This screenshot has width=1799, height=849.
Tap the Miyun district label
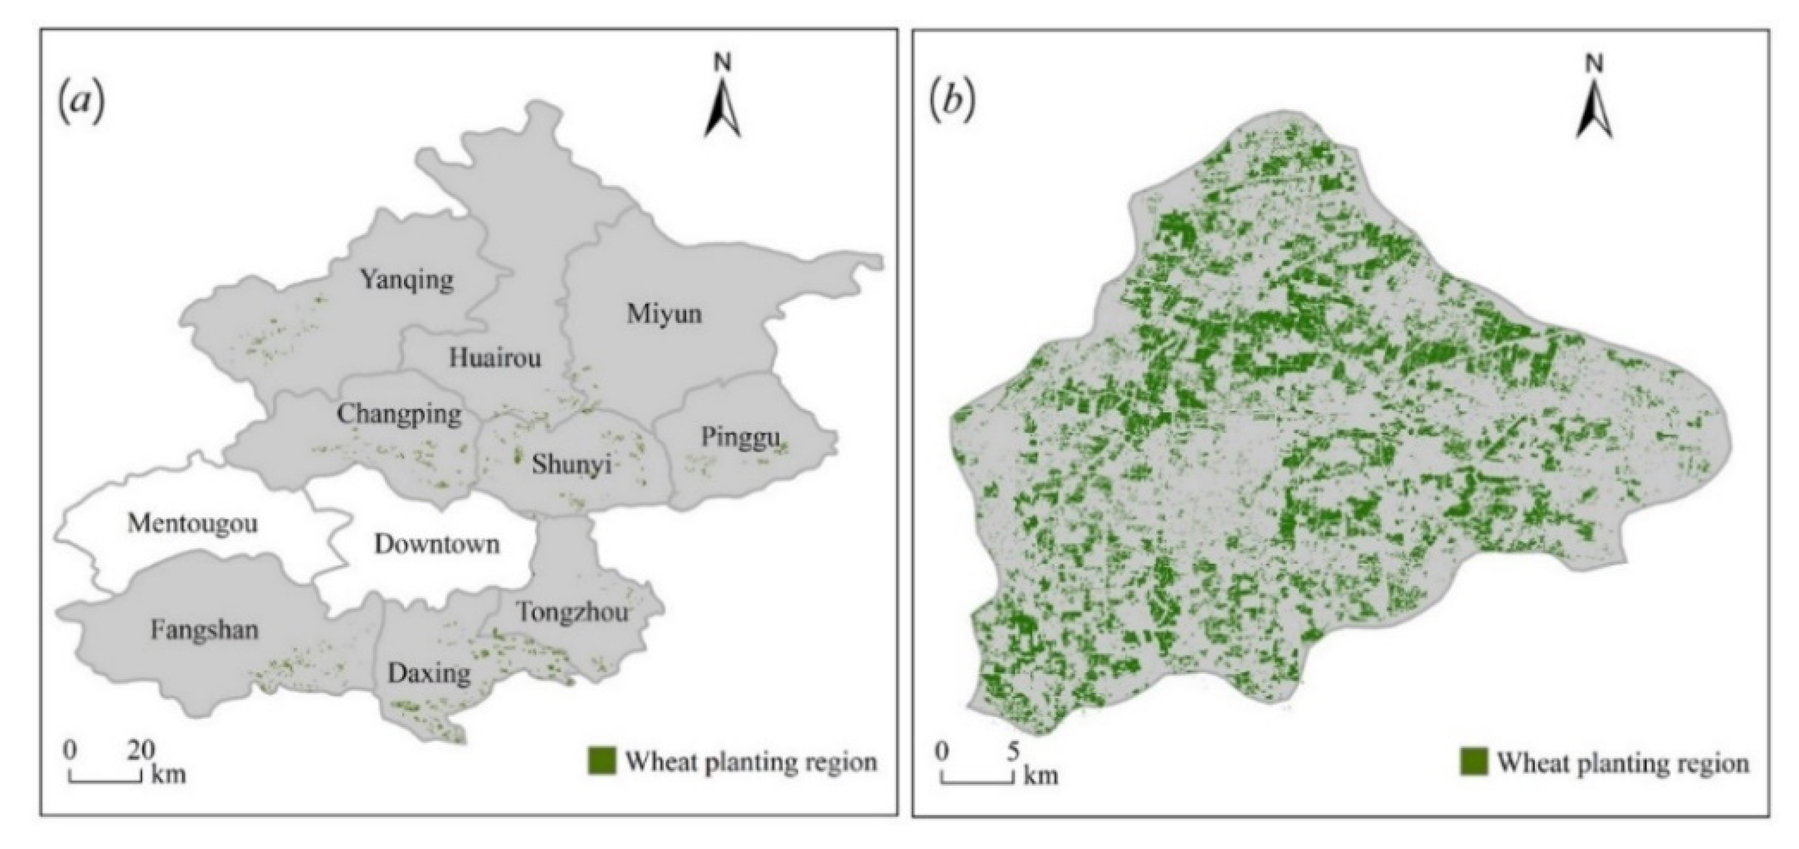point(664,315)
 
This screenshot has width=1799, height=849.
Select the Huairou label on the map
point(495,359)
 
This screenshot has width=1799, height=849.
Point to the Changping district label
point(399,415)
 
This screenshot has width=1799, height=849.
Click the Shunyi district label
point(571,464)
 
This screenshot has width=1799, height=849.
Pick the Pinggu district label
point(740,438)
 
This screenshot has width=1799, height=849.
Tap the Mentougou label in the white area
point(192,524)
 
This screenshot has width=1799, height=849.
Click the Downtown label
point(437,545)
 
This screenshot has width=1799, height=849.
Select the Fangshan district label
point(205,630)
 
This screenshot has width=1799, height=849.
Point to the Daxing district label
point(429,674)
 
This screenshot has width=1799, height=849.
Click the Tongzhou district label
point(573,613)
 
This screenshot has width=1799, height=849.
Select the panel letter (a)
point(82,105)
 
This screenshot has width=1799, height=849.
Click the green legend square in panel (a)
point(602,761)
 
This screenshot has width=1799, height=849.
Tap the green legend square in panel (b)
point(1473,762)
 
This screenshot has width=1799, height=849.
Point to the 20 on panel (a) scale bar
point(142,749)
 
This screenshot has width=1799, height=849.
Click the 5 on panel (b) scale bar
point(1013,751)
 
